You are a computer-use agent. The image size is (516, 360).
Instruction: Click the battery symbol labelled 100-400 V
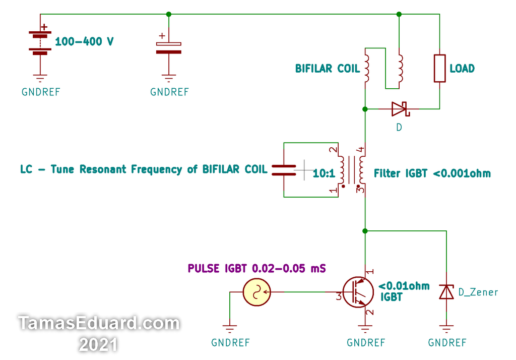[40, 42]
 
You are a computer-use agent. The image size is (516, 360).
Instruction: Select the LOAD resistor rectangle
[439, 69]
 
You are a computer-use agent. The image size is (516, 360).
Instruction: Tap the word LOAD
[462, 69]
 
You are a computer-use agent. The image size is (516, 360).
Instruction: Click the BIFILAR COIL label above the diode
[328, 69]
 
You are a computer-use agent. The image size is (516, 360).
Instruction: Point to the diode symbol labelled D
[400, 108]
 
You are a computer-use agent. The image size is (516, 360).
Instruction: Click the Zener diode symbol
[446, 291]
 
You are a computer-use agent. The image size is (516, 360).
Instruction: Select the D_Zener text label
[478, 292]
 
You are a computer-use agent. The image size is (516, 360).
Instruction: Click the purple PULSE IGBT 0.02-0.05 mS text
[256, 268]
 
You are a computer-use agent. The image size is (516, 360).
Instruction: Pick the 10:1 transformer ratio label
[324, 174]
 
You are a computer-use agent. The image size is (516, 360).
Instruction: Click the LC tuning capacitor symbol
[284, 170]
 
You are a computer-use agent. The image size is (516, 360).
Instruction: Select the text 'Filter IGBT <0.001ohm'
[432, 173]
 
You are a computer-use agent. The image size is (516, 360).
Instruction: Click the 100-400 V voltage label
[84, 42]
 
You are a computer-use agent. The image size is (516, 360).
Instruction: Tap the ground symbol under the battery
[40, 78]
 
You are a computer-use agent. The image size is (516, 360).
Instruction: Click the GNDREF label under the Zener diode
[447, 343]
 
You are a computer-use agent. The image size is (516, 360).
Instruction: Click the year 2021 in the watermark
[98, 344]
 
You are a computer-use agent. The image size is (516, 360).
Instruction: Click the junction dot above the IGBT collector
[365, 231]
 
